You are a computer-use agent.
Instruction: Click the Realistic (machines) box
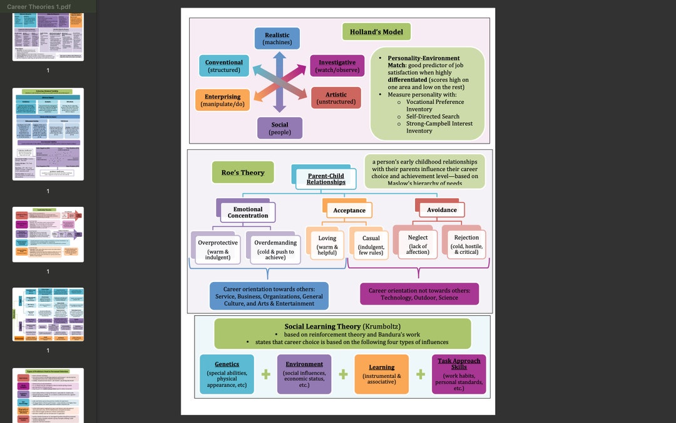coord(277,39)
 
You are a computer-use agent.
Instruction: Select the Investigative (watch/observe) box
coord(337,66)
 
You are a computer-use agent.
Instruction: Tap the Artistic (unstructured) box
coord(336,98)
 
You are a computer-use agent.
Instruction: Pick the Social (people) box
coord(280,128)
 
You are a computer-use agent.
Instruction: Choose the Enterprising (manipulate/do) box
coord(222,100)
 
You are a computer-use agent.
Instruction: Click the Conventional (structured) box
coord(223,66)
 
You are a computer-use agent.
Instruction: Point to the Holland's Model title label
coord(376,32)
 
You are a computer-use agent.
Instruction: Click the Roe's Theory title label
coord(243,172)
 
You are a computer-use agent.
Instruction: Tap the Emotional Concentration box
coord(248,212)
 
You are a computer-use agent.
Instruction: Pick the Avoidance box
coord(442,210)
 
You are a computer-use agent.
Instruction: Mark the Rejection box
coord(466,244)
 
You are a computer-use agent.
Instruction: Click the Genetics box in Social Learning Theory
coord(227,374)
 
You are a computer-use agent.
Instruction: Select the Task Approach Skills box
coord(459,374)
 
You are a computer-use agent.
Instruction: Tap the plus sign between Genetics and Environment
coord(266,374)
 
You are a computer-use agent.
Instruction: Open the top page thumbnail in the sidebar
coord(48,36)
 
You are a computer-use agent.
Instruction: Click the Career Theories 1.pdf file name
coord(39,6)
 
